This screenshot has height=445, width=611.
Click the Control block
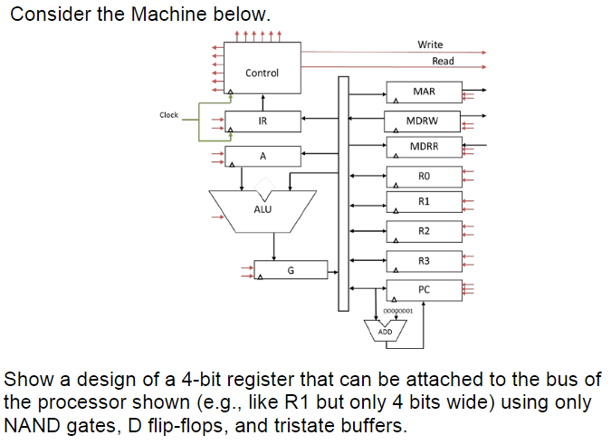click(263, 73)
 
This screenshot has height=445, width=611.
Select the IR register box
click(263, 121)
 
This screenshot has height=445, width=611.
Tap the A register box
click(263, 157)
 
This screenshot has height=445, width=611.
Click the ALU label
click(263, 209)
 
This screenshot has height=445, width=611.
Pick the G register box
click(290, 270)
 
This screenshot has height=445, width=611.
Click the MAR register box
click(424, 92)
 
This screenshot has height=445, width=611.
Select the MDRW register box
click(424, 120)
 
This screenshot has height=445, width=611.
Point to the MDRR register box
click(424, 147)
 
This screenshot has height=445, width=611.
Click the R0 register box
click(424, 175)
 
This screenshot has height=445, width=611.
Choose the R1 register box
click(424, 201)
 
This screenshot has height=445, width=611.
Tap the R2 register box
click(424, 232)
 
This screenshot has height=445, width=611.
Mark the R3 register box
click(424, 261)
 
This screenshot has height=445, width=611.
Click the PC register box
click(424, 289)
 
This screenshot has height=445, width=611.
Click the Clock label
click(169, 115)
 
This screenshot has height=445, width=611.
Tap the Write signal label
click(430, 44)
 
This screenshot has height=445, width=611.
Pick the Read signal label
click(443, 61)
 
